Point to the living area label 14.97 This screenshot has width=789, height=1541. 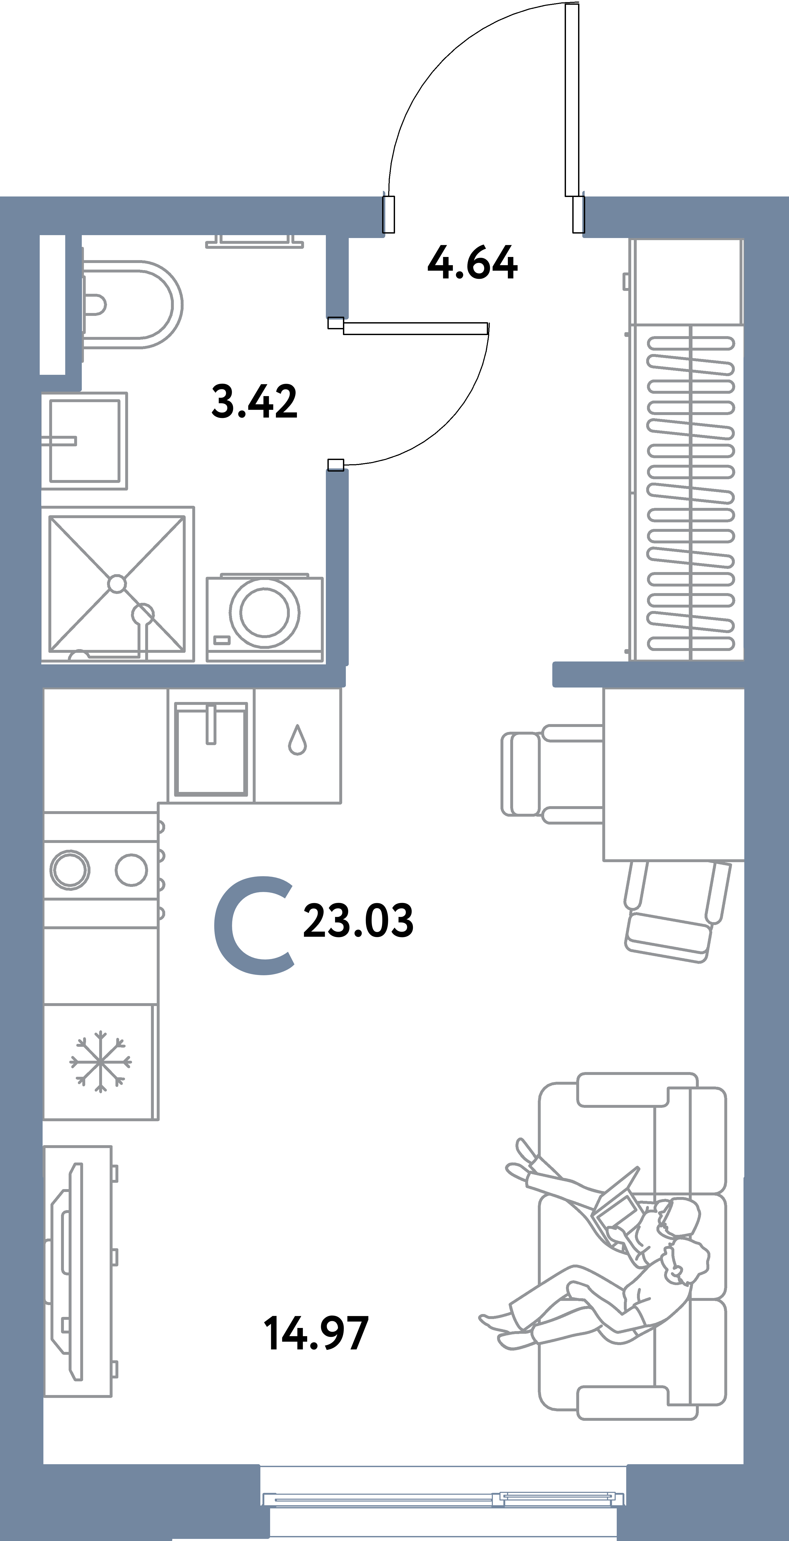pos(316,1333)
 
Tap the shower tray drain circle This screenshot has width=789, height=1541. pos(117,584)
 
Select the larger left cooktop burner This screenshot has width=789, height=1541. pos(70,870)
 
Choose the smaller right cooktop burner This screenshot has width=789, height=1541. pos(131,870)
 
